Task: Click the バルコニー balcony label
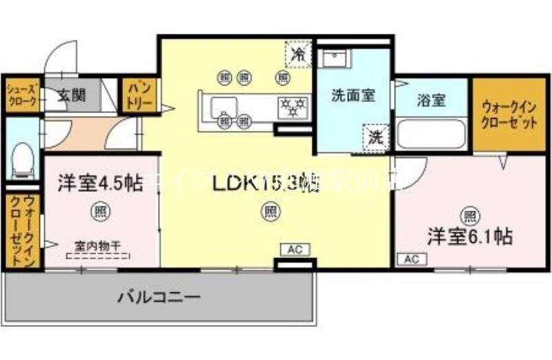pos(158,297)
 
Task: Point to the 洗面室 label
pos(353,96)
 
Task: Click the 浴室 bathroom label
pos(431,101)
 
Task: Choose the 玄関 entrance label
pos(71,95)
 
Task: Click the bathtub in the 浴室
pos(432,134)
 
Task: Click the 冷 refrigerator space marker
pos(299,54)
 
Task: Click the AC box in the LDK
pos(294,249)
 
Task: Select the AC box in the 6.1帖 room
pos(412,259)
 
